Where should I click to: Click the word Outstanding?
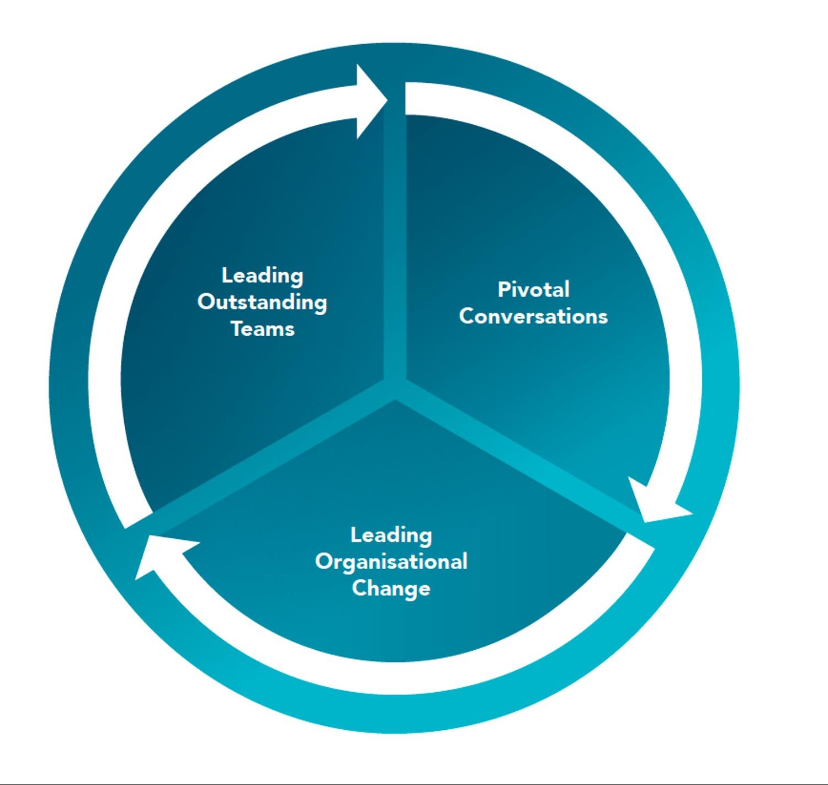pos(262,303)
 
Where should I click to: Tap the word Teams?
pos(263,329)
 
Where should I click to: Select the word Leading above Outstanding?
pos(262,275)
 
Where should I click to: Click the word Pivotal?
pos(533,289)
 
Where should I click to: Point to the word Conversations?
pos(533,316)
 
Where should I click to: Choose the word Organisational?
pos(391,561)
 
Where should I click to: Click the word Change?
pos(391,588)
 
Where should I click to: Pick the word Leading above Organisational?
pos(391,534)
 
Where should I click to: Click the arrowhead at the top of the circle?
pos(370,102)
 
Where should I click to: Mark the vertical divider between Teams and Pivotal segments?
pos(395,248)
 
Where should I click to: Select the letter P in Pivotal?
pos(503,289)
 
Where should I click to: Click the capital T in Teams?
pos(237,329)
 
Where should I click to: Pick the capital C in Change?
pos(359,588)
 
